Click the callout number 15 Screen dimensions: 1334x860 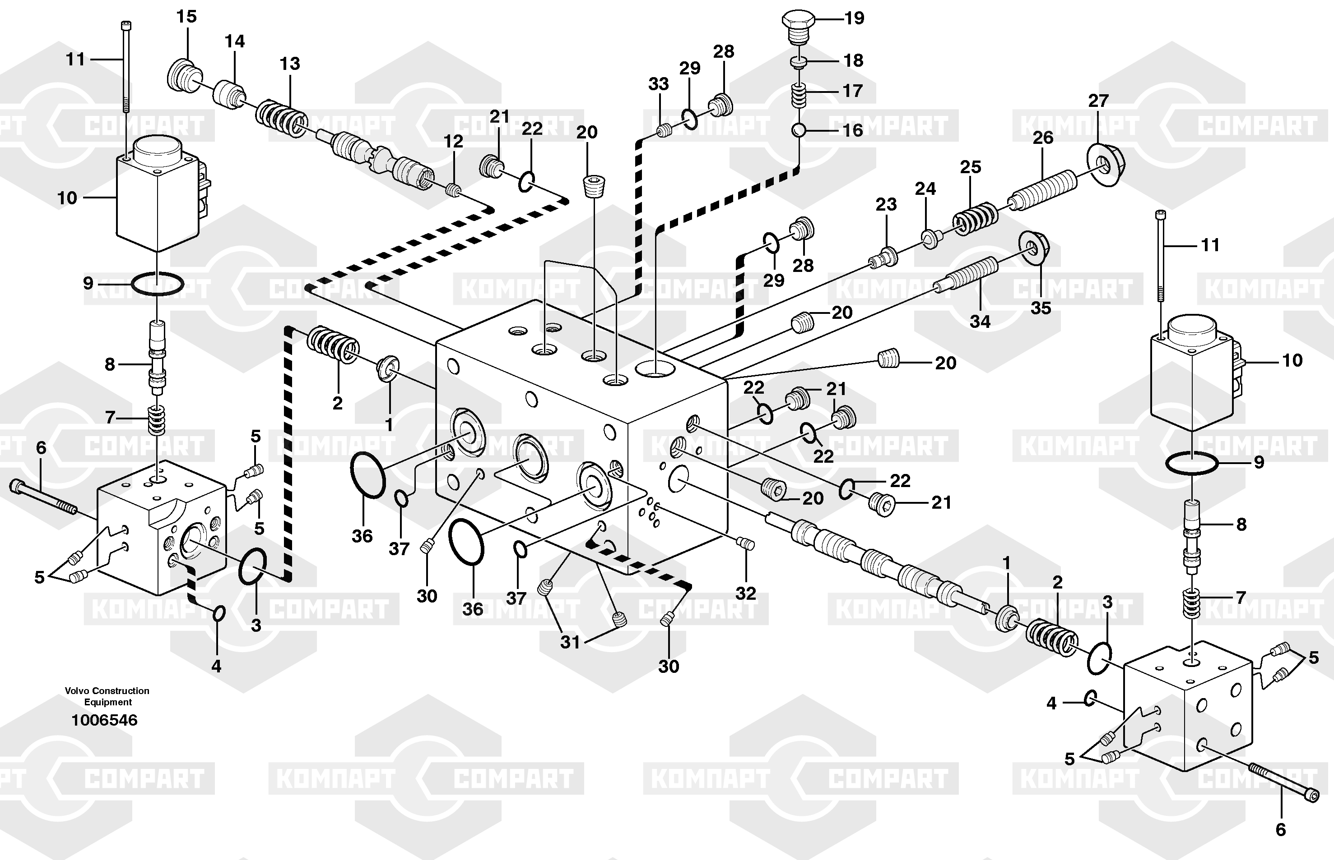[x=186, y=17]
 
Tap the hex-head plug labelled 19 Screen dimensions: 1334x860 [x=798, y=26]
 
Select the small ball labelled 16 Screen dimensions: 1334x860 [x=799, y=130]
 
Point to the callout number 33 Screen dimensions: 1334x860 [x=658, y=84]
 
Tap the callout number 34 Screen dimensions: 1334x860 [x=980, y=322]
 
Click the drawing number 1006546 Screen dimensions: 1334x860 [x=104, y=720]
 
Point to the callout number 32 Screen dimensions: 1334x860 [x=745, y=593]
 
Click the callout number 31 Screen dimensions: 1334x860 [x=570, y=642]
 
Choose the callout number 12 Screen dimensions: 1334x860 [x=453, y=142]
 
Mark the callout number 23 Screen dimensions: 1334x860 [x=886, y=204]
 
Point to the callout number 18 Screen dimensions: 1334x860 [x=853, y=60]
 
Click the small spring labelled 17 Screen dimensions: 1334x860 [x=799, y=96]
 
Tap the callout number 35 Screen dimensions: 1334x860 [x=1041, y=308]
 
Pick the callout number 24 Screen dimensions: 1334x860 [x=925, y=189]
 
